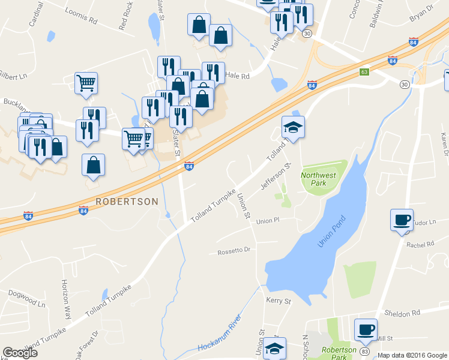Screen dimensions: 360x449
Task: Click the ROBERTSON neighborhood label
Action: [x=126, y=202]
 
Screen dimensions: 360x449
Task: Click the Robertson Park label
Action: [x=334, y=353]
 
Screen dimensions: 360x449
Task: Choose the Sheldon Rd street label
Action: [x=402, y=313]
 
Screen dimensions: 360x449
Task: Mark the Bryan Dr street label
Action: [x=421, y=12]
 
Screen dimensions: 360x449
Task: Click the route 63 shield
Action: [x=364, y=72]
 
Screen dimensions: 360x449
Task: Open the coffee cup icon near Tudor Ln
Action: [x=401, y=220]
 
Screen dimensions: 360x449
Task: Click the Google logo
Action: [x=20, y=353]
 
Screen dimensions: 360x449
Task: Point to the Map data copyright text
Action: [x=412, y=355]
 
